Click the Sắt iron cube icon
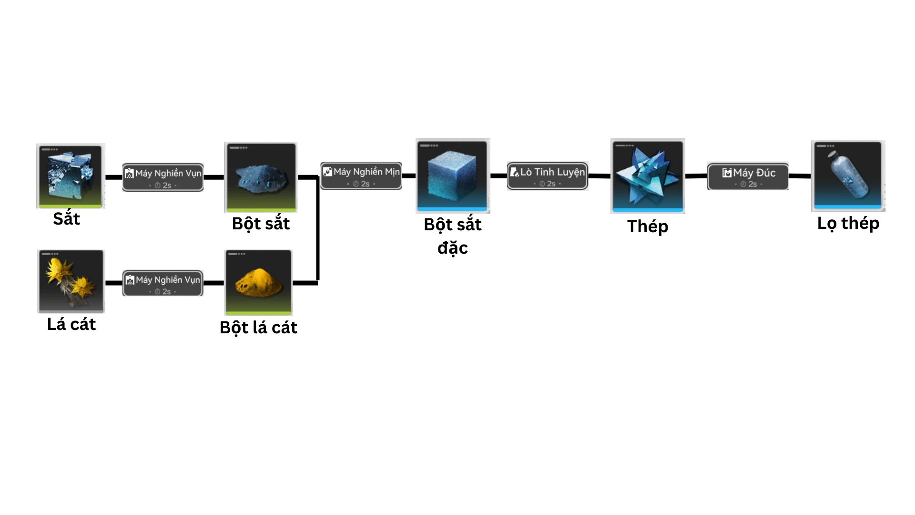coord(71,175)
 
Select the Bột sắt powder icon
coord(261,177)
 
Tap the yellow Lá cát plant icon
coord(71,281)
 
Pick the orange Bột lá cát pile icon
coord(258,282)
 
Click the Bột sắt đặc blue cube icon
coord(452,175)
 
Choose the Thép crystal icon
coord(648,176)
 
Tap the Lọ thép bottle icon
coord(848,176)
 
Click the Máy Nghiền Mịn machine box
coord(361,176)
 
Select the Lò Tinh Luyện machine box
coord(547,176)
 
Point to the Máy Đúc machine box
coord(748,176)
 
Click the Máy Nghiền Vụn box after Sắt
coord(163,177)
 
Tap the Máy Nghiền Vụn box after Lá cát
coord(163,283)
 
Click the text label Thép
coord(647,227)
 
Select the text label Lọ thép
coord(848,223)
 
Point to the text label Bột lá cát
coord(258,328)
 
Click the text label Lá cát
coord(71,324)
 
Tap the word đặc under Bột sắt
coord(452,248)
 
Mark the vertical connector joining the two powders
coord(318,229)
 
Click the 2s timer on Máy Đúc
coord(749,184)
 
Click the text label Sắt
coord(67,219)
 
